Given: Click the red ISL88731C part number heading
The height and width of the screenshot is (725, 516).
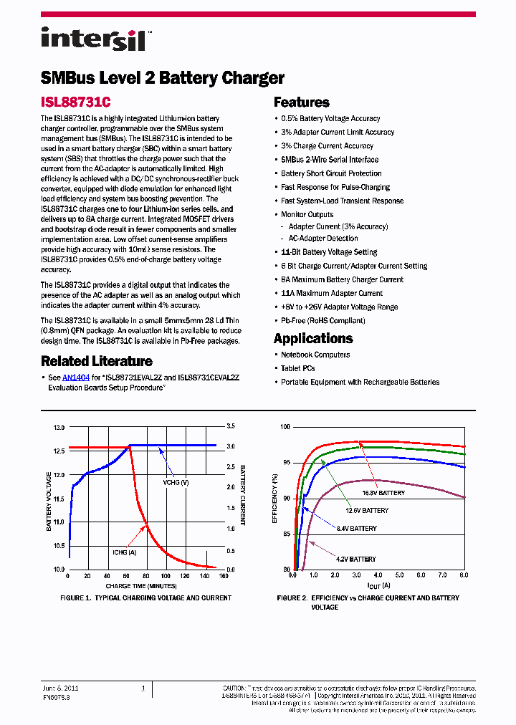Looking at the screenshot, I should point(80,102).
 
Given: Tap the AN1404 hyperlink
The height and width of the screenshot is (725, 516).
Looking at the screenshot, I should point(75,376).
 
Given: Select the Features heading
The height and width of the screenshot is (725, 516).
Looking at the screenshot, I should point(302,102).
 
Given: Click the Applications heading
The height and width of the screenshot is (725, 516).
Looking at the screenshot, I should point(313,338).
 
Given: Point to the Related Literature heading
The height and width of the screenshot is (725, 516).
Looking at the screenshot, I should point(97,361).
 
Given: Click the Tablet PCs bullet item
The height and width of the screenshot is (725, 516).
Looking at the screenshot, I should point(297,368).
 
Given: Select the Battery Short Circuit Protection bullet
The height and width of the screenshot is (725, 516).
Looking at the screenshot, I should point(331,173).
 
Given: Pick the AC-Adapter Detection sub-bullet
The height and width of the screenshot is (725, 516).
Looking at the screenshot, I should point(323,238).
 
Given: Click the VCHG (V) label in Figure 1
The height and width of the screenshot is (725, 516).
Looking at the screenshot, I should point(176,483).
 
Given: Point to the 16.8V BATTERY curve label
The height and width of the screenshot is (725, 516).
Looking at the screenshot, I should point(383,493).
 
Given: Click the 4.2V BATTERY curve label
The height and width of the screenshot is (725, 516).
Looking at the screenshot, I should point(355,559).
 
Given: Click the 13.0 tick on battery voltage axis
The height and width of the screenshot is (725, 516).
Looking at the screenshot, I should point(59,428).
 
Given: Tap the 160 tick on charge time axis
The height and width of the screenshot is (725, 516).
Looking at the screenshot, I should point(223,576).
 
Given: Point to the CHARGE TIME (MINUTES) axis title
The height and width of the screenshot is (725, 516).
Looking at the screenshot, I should point(145,585).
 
